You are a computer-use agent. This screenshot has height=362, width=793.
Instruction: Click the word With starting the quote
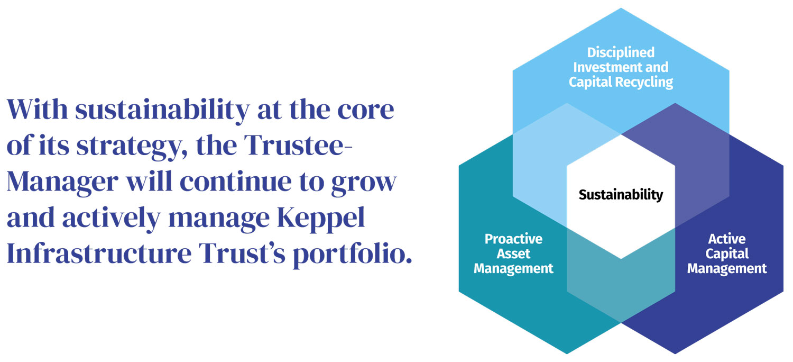(37, 109)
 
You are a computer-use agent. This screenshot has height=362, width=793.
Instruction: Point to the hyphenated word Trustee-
(298, 145)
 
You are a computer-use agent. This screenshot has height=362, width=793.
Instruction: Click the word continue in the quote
(236, 182)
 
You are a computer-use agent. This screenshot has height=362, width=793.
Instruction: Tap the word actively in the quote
(111, 218)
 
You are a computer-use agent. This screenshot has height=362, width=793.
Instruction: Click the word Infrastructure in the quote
(99, 254)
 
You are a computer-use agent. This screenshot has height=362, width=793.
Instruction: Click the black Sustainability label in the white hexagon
(621, 195)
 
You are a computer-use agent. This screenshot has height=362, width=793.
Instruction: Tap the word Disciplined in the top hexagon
(621, 52)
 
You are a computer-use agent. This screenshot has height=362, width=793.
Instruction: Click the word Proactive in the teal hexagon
(513, 239)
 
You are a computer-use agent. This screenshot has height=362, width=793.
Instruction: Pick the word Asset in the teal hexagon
(513, 254)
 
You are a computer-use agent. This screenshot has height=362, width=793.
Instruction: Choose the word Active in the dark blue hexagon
(727, 239)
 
